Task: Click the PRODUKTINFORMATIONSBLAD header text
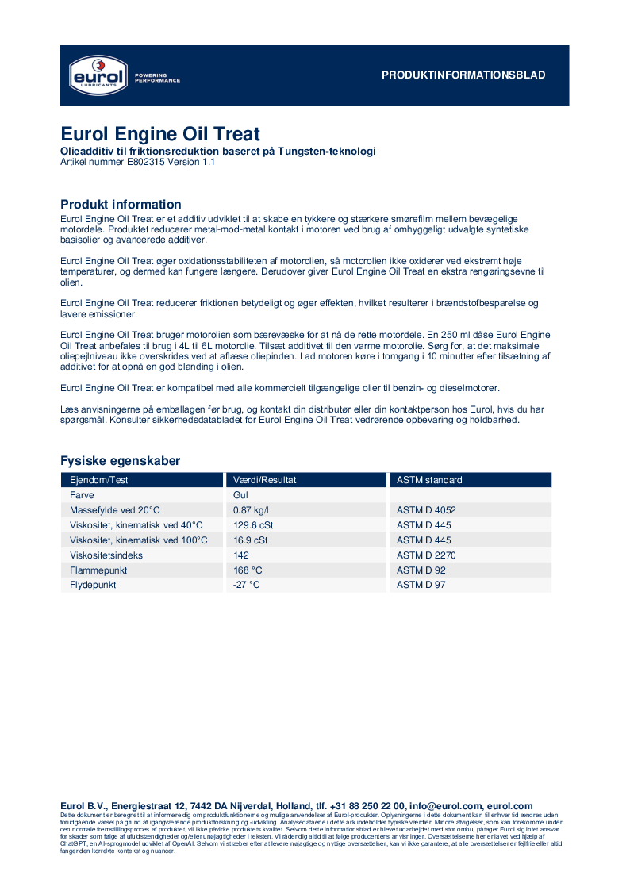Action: tap(463, 75)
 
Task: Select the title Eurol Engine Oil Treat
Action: tap(160, 134)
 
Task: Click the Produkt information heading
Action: tap(121, 205)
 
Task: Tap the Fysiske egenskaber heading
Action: tap(120, 461)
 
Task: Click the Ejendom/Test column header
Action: tap(99, 480)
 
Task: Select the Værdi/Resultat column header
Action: tap(265, 480)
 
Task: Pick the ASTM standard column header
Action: tap(429, 480)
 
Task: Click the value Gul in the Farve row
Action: tap(241, 495)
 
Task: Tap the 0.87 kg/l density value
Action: tap(252, 510)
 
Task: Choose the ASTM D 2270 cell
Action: tap(426, 555)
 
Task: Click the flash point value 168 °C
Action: tap(248, 570)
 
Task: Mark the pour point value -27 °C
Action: tap(247, 585)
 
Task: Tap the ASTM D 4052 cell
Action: tap(426, 510)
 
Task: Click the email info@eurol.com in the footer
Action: tap(446, 806)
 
